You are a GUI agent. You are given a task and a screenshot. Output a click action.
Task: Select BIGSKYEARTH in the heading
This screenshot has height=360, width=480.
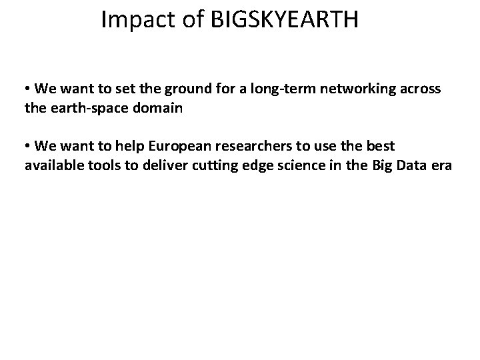(x=285, y=20)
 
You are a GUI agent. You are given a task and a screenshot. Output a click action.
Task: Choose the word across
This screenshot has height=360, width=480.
(x=418, y=89)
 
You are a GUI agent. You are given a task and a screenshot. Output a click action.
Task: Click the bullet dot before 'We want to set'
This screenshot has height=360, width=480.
(x=28, y=89)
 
